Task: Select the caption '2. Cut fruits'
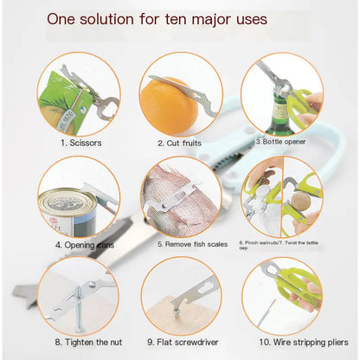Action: pos(179,142)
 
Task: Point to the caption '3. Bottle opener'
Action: pos(281,140)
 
